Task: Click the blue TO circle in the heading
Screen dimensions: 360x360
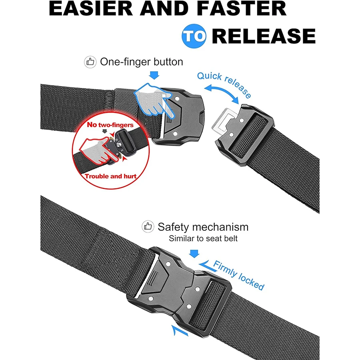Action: [195, 36]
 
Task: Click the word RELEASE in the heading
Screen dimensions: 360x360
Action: [263, 36]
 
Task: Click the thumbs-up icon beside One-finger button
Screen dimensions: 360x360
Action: [90, 62]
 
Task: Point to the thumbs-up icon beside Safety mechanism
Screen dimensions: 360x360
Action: [148, 227]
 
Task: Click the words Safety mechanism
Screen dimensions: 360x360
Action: [203, 227]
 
